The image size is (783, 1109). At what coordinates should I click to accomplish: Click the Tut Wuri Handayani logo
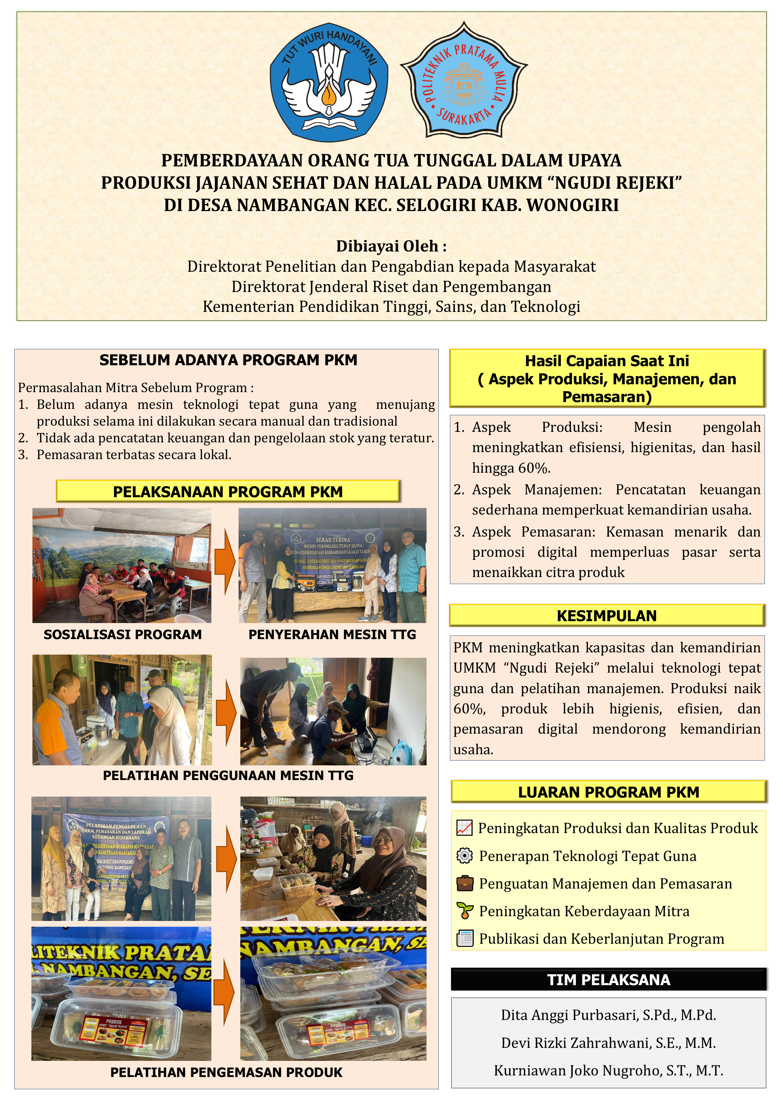click(329, 82)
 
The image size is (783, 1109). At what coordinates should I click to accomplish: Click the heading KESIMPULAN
click(606, 616)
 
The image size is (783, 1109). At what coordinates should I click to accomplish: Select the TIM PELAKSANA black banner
click(608, 980)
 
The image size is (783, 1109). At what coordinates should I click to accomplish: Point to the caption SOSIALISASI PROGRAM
click(123, 635)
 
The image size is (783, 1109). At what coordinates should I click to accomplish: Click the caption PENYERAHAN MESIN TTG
click(332, 635)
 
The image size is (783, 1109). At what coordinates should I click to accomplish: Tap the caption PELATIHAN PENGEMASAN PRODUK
click(226, 1072)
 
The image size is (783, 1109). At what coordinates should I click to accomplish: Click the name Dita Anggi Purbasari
click(608, 1015)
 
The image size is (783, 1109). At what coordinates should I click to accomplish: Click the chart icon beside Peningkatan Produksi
click(464, 828)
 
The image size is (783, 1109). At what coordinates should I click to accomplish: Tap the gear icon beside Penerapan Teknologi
click(464, 856)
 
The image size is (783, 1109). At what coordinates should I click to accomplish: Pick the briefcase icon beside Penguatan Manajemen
click(464, 883)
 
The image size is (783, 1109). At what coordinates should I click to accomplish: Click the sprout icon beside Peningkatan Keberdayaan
click(464, 911)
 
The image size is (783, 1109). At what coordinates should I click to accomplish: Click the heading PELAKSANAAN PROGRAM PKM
click(228, 492)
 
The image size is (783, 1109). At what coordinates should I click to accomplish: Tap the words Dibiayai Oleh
click(391, 246)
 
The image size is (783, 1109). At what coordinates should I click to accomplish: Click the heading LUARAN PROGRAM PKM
click(608, 792)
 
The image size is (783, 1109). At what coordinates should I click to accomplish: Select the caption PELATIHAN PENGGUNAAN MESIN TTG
click(228, 775)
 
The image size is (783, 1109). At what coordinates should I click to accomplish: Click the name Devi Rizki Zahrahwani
click(608, 1043)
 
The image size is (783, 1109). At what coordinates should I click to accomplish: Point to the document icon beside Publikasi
click(464, 938)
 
